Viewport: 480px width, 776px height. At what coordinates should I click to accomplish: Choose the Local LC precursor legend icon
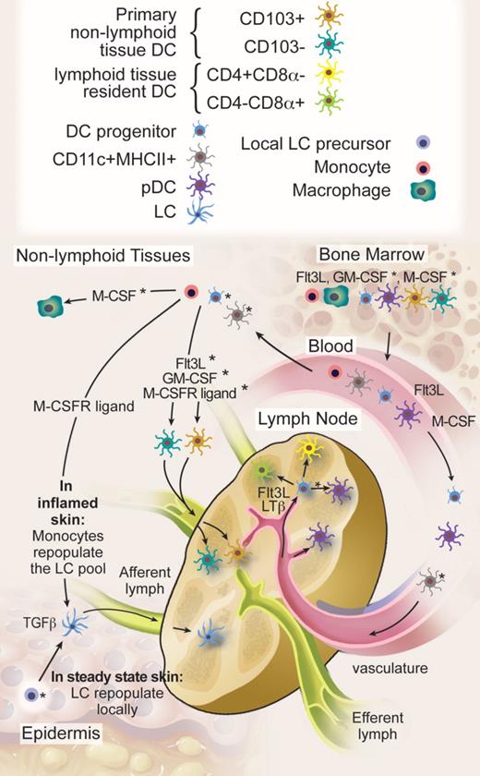[420, 142]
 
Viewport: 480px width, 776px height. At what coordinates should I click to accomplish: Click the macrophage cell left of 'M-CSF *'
[57, 304]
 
